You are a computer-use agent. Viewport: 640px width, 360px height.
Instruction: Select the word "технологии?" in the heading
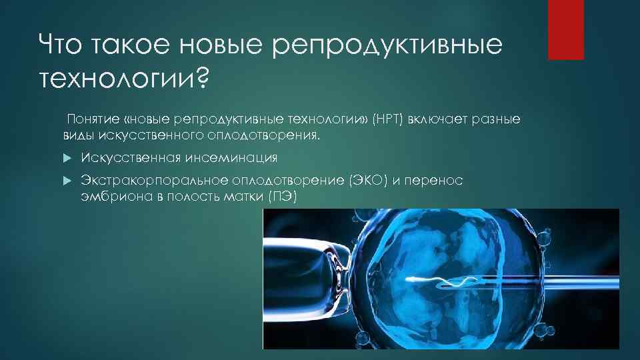[x=124, y=81]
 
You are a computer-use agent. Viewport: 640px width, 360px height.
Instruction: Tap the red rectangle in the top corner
[x=565, y=30]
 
